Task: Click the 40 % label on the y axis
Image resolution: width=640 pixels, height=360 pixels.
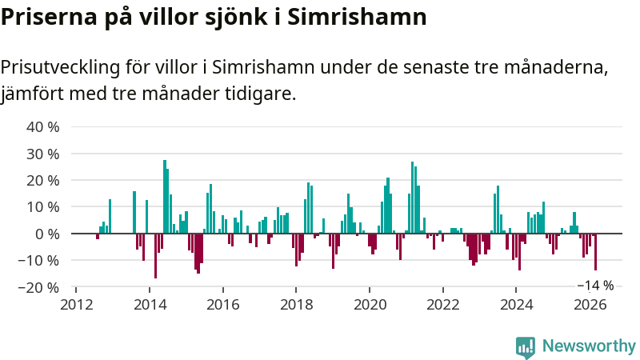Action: pyautogui.click(x=44, y=127)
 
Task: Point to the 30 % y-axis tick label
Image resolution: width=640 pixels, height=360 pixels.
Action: pyautogui.click(x=44, y=154)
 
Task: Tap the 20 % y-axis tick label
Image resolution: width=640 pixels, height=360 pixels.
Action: pyautogui.click(x=44, y=180)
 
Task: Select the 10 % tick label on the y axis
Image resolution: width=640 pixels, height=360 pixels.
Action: pyautogui.click(x=44, y=206)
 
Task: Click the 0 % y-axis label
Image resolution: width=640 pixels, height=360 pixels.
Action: pyautogui.click(x=48, y=234)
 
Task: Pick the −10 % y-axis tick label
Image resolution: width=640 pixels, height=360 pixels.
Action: pyautogui.click(x=40, y=260)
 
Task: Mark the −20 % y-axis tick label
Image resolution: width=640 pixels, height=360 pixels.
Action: pyautogui.click(x=40, y=286)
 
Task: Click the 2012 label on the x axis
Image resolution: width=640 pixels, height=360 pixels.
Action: pyautogui.click(x=77, y=304)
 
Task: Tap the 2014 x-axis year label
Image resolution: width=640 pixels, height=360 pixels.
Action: pyautogui.click(x=150, y=304)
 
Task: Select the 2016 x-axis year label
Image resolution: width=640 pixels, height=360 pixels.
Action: pyautogui.click(x=223, y=304)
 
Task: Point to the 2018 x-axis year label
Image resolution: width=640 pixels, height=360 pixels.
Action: pyautogui.click(x=297, y=304)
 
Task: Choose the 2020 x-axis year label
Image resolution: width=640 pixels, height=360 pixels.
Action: pyautogui.click(x=370, y=304)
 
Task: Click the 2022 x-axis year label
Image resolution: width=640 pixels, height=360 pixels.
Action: pyautogui.click(x=444, y=304)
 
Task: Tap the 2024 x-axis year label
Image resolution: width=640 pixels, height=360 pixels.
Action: pyautogui.click(x=518, y=304)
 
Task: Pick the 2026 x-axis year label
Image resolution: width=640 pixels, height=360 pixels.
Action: pyautogui.click(x=590, y=304)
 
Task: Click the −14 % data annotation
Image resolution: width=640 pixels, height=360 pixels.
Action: pyautogui.click(x=595, y=286)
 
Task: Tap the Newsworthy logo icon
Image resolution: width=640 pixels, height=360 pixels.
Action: pyautogui.click(x=526, y=346)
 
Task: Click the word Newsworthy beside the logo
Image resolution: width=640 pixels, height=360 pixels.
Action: pyautogui.click(x=589, y=346)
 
